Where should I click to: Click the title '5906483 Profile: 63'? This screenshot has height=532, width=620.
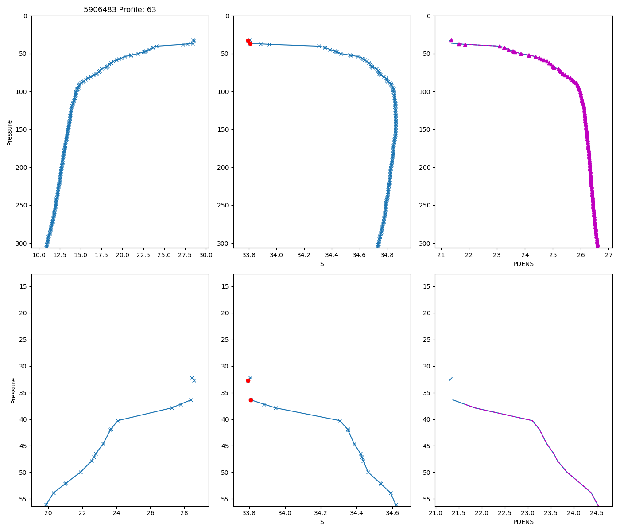pyautogui.click(x=120, y=10)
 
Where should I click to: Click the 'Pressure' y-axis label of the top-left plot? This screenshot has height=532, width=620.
pyautogui.click(x=10, y=132)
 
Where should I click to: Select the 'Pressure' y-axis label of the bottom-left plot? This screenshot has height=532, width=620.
pyautogui.click(x=13, y=390)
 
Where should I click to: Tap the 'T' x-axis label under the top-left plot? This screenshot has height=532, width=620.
pyautogui.click(x=120, y=264)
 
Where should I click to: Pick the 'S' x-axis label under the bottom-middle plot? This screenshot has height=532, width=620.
pyautogui.click(x=322, y=522)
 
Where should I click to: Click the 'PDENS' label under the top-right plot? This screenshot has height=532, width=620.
pyautogui.click(x=523, y=264)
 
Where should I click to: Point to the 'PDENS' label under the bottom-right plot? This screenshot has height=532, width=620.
pyautogui.click(x=523, y=522)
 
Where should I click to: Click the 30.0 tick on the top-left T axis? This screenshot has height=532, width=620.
pyautogui.click(x=206, y=255)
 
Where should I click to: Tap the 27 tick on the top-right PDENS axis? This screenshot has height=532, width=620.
pyautogui.click(x=608, y=255)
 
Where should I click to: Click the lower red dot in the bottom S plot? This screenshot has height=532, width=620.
pyautogui.click(x=251, y=400)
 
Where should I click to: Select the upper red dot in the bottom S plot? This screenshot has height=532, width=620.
pyautogui.click(x=248, y=380)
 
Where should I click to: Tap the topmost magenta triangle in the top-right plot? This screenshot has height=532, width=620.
pyautogui.click(x=451, y=40)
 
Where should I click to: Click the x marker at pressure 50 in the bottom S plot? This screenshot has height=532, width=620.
pyautogui.click(x=368, y=472)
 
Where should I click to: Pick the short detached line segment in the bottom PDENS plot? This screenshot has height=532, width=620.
pyautogui.click(x=451, y=379)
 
